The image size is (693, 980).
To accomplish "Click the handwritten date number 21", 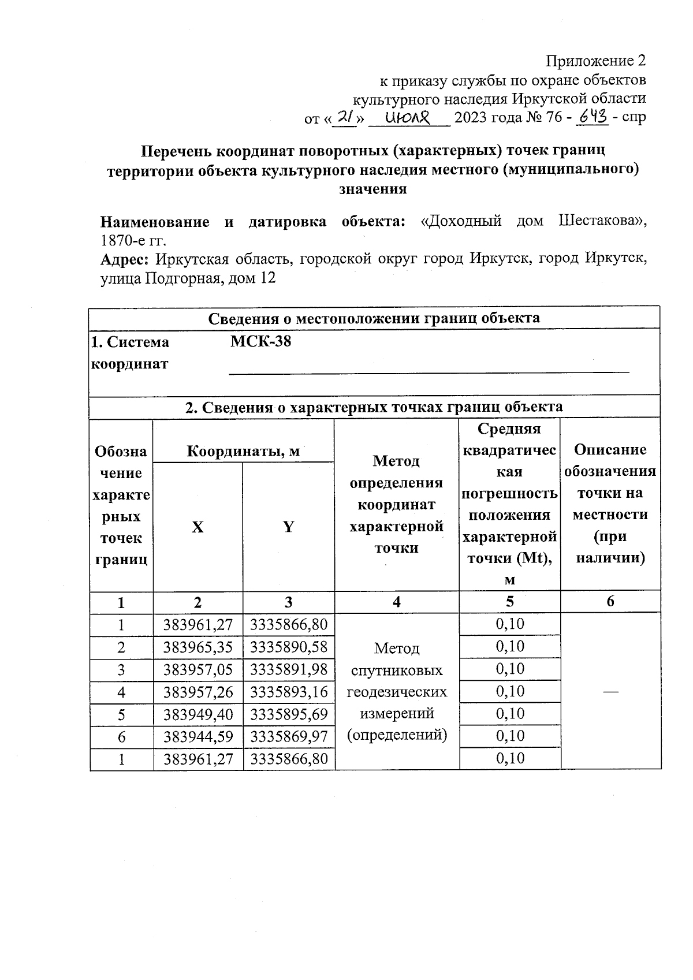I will click(x=345, y=117).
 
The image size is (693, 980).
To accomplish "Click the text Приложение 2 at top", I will click(x=595, y=61).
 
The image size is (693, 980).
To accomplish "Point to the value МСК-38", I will click(x=260, y=341).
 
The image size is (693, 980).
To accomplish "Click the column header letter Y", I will click(x=288, y=527).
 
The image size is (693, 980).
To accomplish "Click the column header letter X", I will click(x=198, y=527).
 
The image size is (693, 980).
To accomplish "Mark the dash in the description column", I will click(x=611, y=691).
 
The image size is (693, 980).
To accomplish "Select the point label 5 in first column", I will click(x=121, y=715).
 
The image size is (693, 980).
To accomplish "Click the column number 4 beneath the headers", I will click(x=397, y=602).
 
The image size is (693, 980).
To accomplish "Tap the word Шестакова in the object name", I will click(x=602, y=222).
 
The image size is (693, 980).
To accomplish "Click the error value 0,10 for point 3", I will click(x=510, y=669).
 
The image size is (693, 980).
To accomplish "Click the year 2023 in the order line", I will click(x=471, y=118).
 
